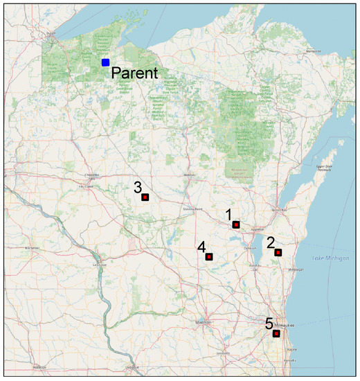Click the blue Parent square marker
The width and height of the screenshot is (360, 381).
pyautogui.click(x=105, y=62)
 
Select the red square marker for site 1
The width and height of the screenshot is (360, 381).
pyautogui.click(x=236, y=224)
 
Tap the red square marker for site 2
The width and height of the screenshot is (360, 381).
pyautogui.click(x=278, y=253)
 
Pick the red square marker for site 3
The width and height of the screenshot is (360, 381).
pyautogui.click(x=145, y=197)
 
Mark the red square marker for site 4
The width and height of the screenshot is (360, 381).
pyautogui.click(x=209, y=257)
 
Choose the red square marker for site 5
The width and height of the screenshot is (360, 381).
pyautogui.click(x=276, y=334)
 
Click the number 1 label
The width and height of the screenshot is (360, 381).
pyautogui.click(x=229, y=214)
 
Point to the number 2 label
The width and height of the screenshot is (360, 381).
pyautogui.click(x=271, y=242)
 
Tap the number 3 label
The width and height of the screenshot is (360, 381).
pyautogui.click(x=138, y=187)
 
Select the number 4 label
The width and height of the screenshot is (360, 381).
pyautogui.click(x=201, y=247)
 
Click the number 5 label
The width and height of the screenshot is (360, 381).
pyautogui.click(x=269, y=324)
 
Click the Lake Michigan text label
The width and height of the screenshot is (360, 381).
pyautogui.click(x=327, y=258)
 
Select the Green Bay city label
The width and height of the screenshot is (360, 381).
pyautogui.click(x=278, y=209)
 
